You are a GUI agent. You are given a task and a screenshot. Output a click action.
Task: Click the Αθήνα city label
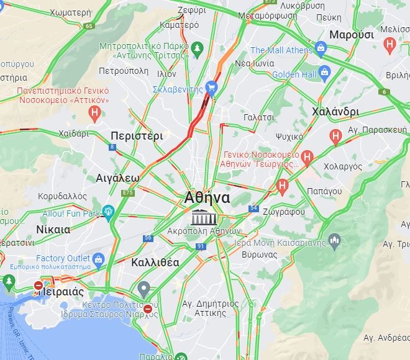click(207, 198)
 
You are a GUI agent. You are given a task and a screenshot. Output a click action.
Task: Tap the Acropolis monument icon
click(201, 218)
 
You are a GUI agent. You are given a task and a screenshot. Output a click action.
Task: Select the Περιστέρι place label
click(136, 135)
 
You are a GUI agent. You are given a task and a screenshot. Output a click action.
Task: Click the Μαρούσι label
click(352, 34)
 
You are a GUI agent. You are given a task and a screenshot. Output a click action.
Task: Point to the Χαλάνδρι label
click(335, 112)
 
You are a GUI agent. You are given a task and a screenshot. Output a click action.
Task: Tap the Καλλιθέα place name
click(155, 262)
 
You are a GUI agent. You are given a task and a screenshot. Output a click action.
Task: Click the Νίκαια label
click(53, 229)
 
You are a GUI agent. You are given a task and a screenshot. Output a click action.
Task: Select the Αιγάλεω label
click(117, 178)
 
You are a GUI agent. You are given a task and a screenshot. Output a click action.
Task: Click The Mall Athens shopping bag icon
click(321, 47)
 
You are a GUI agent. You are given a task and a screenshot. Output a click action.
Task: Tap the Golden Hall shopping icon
click(324, 73)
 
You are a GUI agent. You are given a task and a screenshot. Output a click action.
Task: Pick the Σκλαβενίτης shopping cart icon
click(211, 88)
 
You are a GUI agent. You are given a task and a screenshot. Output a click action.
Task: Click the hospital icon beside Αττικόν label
click(94, 112)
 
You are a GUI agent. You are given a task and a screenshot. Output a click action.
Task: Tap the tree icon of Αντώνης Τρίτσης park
click(198, 48)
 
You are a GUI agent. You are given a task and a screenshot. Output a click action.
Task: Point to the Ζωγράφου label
click(284, 212)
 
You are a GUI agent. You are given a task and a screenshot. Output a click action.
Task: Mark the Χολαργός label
click(342, 166)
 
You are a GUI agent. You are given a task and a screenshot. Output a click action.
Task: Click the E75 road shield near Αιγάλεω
click(128, 193)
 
